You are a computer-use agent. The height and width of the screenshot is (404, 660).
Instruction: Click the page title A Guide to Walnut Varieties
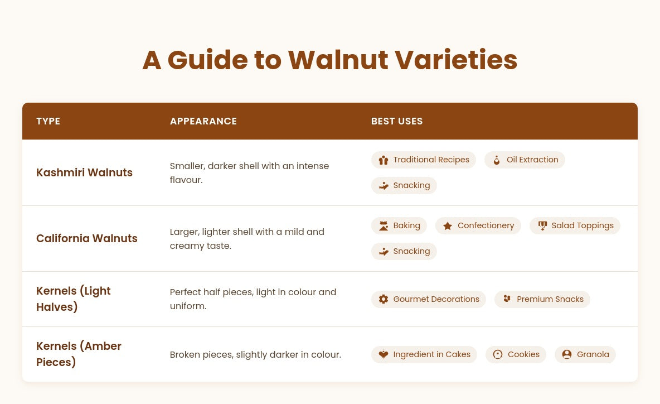coord(329,60)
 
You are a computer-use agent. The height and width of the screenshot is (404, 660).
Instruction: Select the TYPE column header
coord(48,121)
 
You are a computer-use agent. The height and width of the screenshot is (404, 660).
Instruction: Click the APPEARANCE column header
coord(203,121)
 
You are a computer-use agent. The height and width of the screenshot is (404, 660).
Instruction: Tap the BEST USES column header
coord(396,121)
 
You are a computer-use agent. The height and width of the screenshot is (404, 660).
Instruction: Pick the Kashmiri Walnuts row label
coord(84,173)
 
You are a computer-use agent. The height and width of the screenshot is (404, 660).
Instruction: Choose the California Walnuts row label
coord(87,238)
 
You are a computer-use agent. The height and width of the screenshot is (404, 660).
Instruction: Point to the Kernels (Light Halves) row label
coord(73,299)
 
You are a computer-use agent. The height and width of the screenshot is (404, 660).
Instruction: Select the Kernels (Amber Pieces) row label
coord(79,354)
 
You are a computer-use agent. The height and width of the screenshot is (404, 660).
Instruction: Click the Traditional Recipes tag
coord(424,160)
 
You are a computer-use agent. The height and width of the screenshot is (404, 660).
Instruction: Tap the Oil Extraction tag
coord(525,160)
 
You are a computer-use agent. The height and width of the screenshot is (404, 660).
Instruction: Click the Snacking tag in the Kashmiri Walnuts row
coord(404,186)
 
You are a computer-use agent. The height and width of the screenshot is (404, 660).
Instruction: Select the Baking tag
coord(399,226)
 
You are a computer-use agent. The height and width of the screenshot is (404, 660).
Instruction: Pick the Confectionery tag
coord(478,226)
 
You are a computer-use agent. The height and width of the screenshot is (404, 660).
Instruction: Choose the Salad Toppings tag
coord(575,226)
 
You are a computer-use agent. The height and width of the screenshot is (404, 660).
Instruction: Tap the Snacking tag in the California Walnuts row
coord(404,252)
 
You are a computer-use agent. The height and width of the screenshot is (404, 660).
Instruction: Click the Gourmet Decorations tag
coord(429,300)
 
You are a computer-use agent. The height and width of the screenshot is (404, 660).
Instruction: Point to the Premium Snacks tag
coord(542,300)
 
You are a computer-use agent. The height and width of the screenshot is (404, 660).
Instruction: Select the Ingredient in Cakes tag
coord(424,355)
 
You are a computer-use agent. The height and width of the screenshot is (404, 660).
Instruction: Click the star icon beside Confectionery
coord(448,226)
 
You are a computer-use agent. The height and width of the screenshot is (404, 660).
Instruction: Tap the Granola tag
coord(585,355)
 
